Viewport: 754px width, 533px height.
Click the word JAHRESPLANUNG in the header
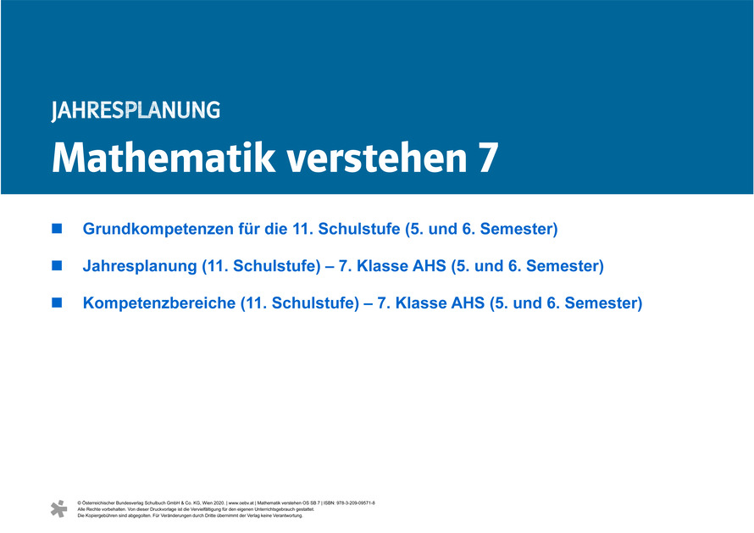click(136, 111)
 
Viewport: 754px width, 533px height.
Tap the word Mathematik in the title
click(164, 158)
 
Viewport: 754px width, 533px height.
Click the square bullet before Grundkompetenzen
click(57, 229)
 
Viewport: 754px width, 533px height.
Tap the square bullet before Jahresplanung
click(57, 265)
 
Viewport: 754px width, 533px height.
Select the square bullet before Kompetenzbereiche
click(57, 303)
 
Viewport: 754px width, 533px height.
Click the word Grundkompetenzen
click(158, 229)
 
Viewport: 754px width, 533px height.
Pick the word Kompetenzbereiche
click(159, 303)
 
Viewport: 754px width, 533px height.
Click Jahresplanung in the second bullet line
click(140, 266)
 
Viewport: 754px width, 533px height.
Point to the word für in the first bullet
click(249, 229)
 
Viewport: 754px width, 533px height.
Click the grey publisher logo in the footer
click(59, 509)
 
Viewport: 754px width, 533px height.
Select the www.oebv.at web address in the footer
click(241, 503)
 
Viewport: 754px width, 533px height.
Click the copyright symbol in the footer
click(80, 503)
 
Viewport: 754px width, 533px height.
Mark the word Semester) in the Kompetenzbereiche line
click(603, 303)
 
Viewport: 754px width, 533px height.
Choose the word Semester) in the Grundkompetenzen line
click(518, 229)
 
